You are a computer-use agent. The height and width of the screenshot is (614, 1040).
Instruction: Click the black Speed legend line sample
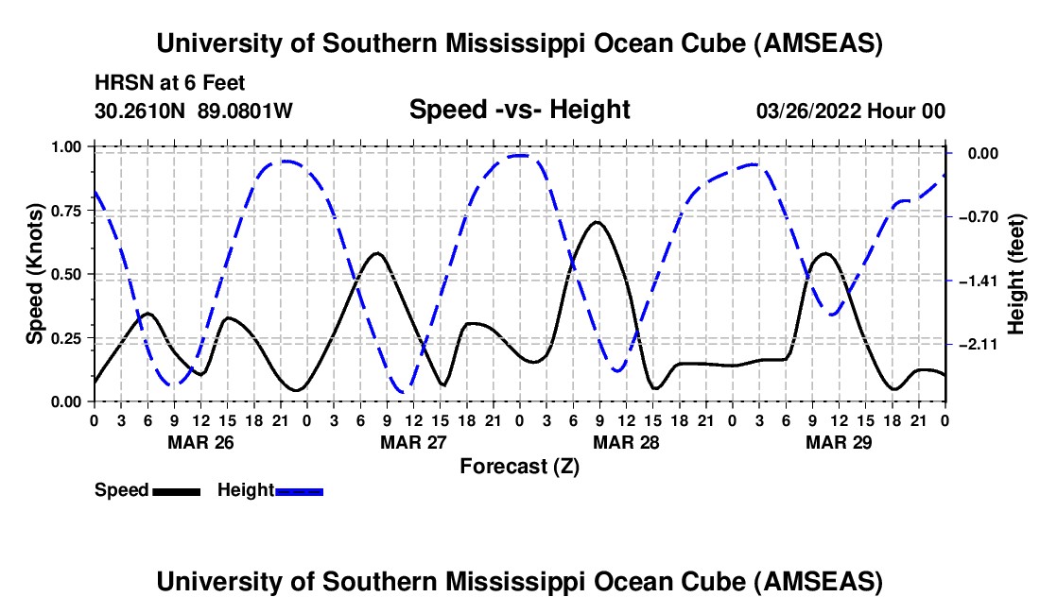[x=176, y=490]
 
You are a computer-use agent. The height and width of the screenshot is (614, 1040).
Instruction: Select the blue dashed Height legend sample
[x=299, y=490]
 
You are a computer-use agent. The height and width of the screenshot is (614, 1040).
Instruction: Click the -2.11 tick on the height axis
[x=979, y=345]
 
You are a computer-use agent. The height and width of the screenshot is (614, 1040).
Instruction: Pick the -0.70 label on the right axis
[x=979, y=217]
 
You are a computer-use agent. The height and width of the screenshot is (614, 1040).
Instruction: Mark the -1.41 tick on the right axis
[x=979, y=281]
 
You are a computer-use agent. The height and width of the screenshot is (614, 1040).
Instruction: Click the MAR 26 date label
[x=199, y=441]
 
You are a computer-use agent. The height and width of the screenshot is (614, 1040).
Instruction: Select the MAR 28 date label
[x=625, y=441]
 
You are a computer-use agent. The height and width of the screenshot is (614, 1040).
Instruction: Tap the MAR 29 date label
[x=838, y=441]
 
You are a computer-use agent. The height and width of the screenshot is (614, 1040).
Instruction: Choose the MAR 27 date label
[x=412, y=441]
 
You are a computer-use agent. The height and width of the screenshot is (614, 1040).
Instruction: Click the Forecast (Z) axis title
[x=519, y=466]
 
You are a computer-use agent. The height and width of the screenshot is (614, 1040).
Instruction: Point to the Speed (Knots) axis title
[x=35, y=273]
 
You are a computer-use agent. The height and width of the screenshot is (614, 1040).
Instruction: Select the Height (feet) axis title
[x=1017, y=273]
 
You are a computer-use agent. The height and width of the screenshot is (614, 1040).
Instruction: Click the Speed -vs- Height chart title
[x=519, y=110]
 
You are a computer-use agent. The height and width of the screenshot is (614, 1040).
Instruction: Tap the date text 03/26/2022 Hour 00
[x=850, y=111]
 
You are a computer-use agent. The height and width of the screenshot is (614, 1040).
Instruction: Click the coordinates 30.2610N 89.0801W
[x=194, y=111]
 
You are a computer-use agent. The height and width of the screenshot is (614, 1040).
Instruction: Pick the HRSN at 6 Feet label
[x=170, y=83]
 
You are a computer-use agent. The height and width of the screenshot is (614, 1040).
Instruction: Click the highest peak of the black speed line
[x=596, y=222]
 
